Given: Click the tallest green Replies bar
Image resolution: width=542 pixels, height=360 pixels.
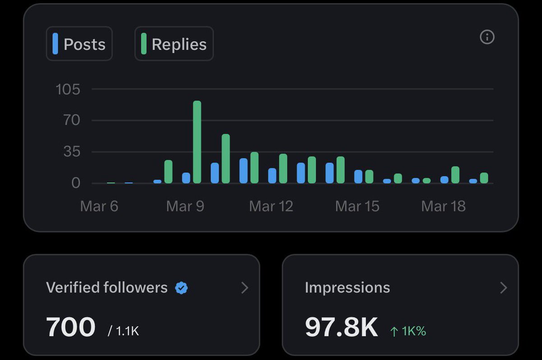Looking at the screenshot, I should (197, 142).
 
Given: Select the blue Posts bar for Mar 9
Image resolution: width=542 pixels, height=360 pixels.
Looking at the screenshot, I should (186, 178).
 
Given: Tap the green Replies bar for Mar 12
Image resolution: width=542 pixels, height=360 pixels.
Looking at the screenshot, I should (283, 168).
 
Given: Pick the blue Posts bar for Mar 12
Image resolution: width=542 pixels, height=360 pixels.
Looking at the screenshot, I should (272, 176).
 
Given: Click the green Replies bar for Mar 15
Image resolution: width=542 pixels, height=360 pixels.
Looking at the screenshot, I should (369, 177).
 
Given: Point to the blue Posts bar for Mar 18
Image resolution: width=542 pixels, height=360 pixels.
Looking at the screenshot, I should (444, 180).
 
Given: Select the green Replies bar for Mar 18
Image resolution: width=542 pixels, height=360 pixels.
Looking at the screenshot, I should (455, 175).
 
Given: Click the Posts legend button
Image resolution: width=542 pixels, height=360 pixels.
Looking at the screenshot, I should (79, 44).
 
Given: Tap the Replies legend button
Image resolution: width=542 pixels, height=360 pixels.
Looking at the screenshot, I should (174, 44).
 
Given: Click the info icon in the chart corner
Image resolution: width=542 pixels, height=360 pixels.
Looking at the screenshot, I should (487, 37).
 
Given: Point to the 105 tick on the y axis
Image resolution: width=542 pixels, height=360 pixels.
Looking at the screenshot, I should (68, 89).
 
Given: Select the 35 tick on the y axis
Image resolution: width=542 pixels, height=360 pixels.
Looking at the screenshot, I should (71, 152).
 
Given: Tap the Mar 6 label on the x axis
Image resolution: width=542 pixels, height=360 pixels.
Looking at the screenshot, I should (99, 206).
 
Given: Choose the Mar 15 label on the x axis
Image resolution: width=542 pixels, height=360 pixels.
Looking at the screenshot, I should (357, 206).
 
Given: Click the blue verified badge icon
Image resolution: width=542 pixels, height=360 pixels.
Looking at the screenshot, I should (182, 288).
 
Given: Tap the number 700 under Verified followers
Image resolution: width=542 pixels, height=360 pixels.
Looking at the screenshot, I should (71, 327).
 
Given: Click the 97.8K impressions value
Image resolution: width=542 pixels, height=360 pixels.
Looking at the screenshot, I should (341, 327).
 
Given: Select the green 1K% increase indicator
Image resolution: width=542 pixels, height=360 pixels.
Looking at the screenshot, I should (408, 331).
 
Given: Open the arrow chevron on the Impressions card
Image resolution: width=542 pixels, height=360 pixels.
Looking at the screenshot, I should (504, 288).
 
